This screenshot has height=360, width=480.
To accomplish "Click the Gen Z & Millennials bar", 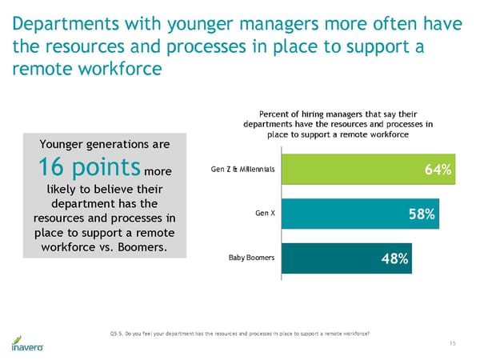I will [x=368, y=170].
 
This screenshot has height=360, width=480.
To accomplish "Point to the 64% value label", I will [x=438, y=170].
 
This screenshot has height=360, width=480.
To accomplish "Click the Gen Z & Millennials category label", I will [x=242, y=170].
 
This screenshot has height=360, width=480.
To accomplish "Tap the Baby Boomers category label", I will [x=252, y=258].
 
